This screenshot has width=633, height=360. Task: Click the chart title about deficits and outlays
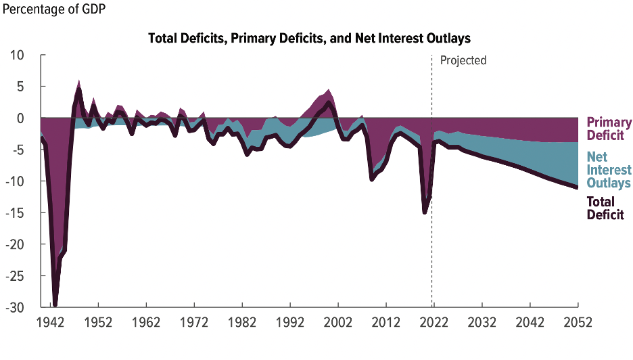[309, 38]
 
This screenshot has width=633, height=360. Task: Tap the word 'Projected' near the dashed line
[463, 60]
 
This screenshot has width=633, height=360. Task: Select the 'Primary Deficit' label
[609, 129]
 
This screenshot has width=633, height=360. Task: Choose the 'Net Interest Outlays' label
[609, 170]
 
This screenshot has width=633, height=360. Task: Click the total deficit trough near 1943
[55, 305]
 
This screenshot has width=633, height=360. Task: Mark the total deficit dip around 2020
[424, 212]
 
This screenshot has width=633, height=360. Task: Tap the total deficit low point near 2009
[371, 179]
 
